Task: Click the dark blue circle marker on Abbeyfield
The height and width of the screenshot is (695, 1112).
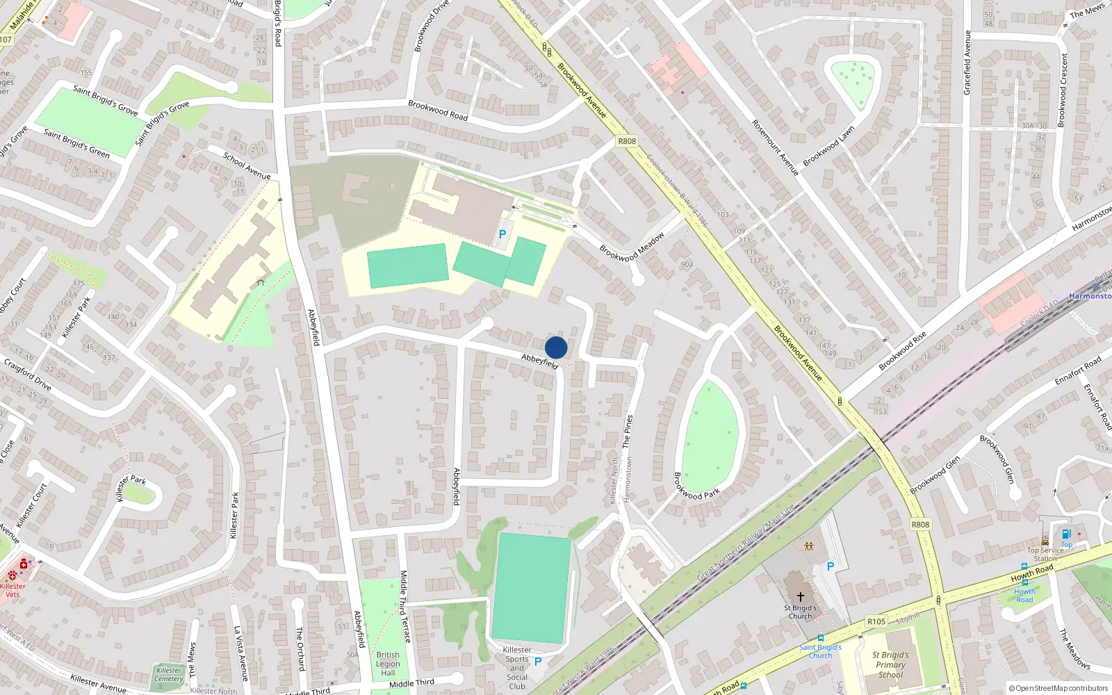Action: [x=556, y=347]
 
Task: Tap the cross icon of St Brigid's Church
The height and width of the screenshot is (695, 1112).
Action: [x=801, y=596]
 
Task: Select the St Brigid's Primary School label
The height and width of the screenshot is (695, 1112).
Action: [x=890, y=664]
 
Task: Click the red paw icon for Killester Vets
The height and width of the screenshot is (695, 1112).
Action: [x=13, y=575]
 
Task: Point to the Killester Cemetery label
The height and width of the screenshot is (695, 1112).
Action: [x=169, y=674]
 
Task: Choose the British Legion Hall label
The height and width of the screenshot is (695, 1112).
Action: [x=388, y=664]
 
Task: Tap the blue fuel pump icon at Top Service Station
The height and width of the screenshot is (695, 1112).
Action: [x=1066, y=534]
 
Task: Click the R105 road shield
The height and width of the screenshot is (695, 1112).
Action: [x=876, y=621]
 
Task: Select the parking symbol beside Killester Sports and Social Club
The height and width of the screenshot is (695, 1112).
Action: [x=538, y=662]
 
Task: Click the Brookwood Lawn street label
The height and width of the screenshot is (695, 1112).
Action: [x=828, y=146]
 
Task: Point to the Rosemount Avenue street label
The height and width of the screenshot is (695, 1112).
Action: [x=776, y=147]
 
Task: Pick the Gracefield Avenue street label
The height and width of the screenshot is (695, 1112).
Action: [x=967, y=63]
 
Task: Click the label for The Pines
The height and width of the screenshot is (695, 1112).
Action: [x=628, y=431]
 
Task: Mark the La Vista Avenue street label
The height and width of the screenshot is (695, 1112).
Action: [x=240, y=653]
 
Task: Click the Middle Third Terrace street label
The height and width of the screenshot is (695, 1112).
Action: [x=404, y=606]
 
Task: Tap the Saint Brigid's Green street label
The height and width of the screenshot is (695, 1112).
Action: [x=76, y=143]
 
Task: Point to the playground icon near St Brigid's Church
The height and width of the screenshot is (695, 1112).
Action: [x=809, y=546]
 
